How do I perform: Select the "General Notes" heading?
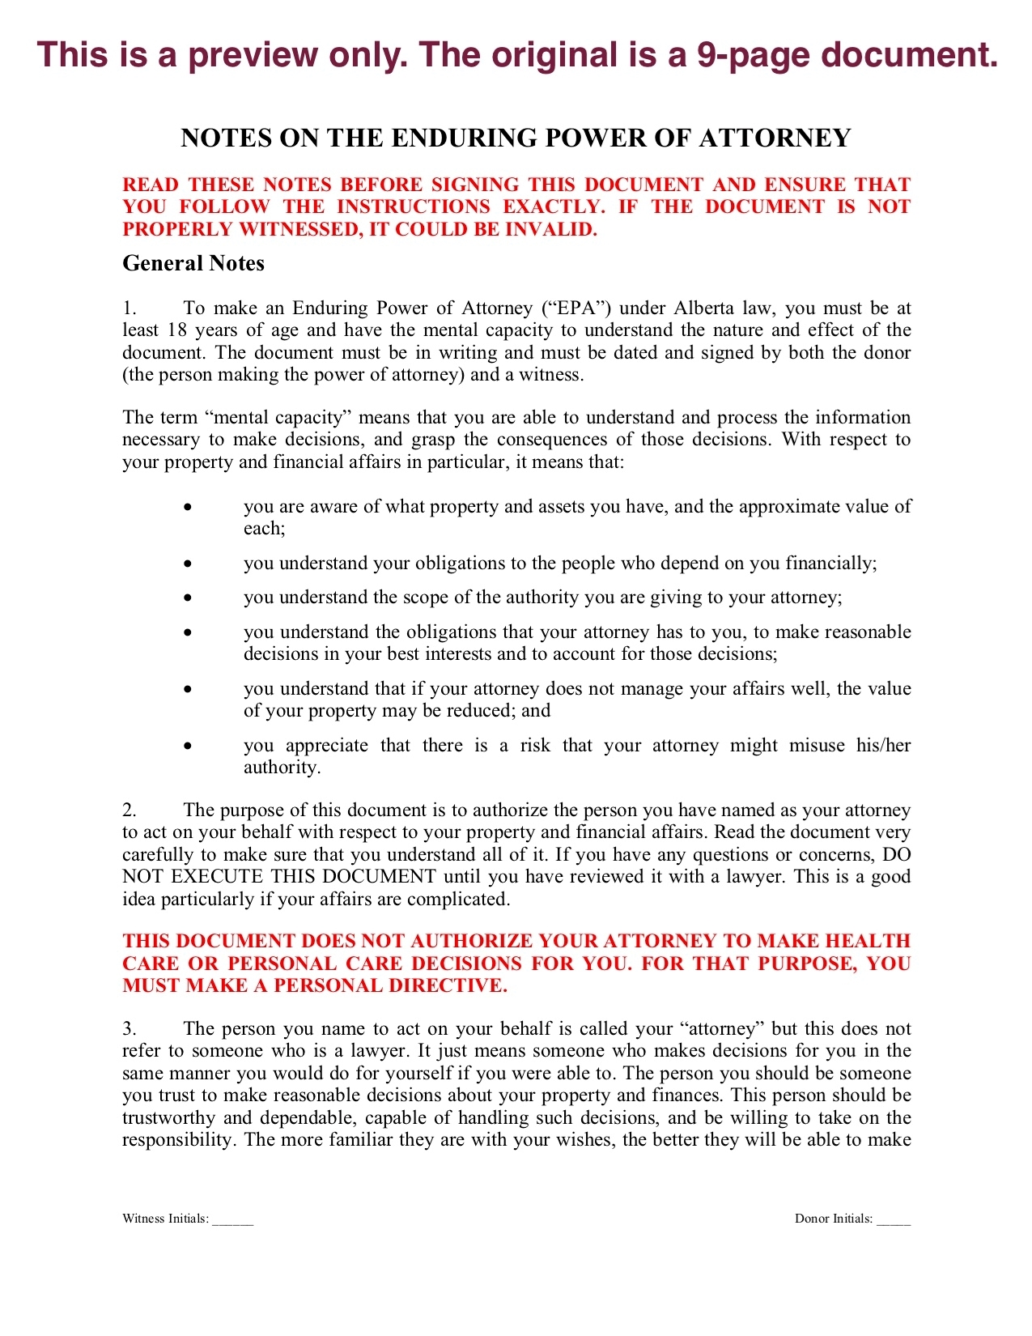click(193, 264)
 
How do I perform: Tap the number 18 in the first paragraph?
click(177, 330)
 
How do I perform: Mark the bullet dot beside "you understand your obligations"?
click(188, 564)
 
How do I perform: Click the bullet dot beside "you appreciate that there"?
click(188, 746)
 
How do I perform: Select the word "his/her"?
click(883, 746)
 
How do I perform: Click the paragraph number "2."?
click(130, 811)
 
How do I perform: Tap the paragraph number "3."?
click(130, 1029)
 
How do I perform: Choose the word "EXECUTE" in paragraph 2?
click(218, 877)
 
